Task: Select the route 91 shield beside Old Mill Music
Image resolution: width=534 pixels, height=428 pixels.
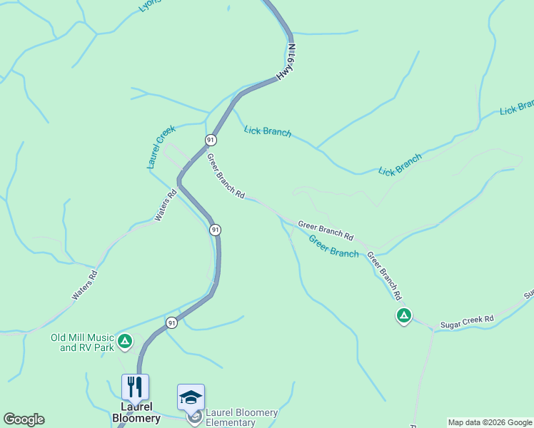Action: click(171, 323)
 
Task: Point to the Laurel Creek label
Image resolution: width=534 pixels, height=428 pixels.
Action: click(161, 147)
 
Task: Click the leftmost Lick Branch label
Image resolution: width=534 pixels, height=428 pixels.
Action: click(268, 131)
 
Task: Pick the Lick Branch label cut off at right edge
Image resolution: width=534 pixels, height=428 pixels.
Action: click(517, 108)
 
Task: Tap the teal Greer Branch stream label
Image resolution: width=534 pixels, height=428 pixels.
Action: click(333, 247)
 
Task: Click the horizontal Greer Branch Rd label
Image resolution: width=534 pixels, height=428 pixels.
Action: click(326, 230)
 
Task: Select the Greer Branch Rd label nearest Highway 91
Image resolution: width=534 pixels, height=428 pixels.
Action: click(226, 175)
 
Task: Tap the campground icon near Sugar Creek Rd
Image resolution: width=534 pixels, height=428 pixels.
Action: click(403, 315)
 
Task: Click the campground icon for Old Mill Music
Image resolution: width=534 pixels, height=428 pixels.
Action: click(125, 342)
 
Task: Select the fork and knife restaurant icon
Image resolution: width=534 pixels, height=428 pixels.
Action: click(135, 387)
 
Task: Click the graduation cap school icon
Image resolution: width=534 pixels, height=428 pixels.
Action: click(191, 397)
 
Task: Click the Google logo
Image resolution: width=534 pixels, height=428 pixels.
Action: click(24, 419)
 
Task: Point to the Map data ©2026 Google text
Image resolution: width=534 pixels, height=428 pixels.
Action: click(490, 422)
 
